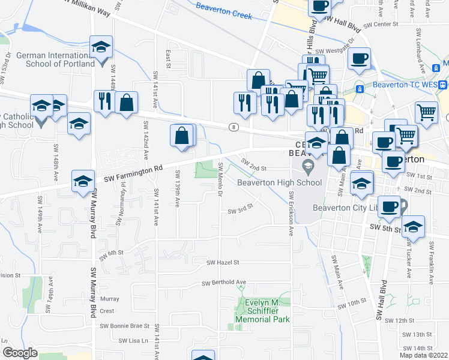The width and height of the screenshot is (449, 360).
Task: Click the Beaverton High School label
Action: coord(279,182)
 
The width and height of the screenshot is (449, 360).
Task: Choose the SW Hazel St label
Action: coord(223,262)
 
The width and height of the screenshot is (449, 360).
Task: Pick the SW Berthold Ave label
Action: coord(224,283)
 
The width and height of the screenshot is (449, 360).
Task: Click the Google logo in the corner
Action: coord(20,353)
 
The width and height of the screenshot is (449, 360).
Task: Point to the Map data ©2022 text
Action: coord(423,355)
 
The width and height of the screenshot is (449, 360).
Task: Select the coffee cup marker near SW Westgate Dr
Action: coord(359,59)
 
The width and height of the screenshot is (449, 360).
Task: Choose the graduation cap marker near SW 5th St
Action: coord(413,227)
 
